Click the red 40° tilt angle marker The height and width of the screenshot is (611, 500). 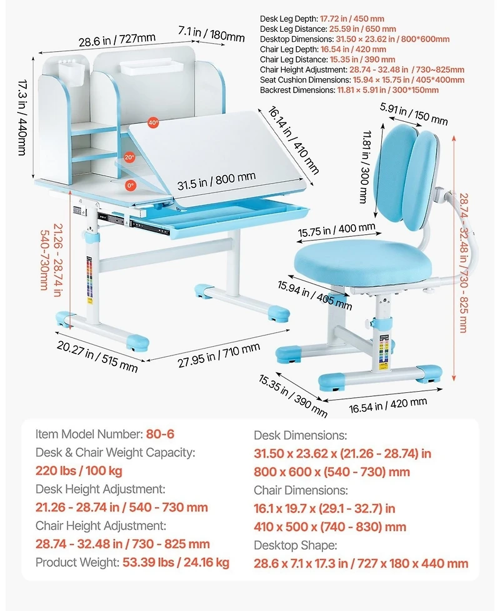point(153,122)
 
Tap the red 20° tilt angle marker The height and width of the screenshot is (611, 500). point(129,157)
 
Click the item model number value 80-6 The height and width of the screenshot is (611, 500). point(160,434)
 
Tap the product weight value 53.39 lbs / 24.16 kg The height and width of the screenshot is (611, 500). point(176,562)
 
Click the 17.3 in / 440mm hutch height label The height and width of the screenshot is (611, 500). point(22,117)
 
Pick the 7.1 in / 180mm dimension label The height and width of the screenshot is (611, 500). point(212,34)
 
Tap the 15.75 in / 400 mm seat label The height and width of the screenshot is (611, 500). point(336,230)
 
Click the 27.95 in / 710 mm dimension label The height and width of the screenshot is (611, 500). point(219,355)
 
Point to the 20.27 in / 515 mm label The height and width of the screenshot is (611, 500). point(97,355)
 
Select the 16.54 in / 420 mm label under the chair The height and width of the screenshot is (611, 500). point(387,405)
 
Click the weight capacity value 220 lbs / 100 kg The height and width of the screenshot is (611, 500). point(79,470)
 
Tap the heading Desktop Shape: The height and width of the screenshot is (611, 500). point(296,545)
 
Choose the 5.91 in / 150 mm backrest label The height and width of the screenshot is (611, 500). point(414,114)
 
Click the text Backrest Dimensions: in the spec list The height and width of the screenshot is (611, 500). point(297,90)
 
